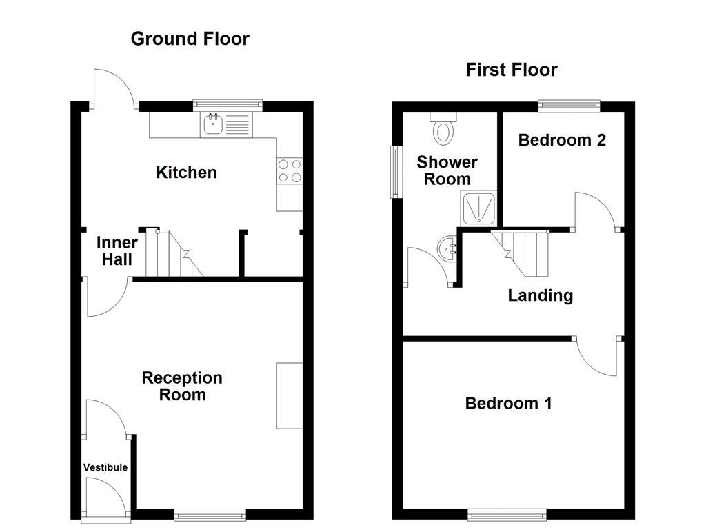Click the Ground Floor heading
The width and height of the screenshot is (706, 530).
190,39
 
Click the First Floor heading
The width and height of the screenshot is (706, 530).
512,70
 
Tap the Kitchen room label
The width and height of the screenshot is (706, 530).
186,172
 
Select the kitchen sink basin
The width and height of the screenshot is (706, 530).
213,124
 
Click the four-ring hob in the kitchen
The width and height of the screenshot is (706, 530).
290,171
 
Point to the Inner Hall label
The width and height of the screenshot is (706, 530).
117,251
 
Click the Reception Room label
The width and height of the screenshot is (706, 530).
182,386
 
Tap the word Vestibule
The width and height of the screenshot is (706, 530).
105,467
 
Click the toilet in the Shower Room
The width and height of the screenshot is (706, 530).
443,128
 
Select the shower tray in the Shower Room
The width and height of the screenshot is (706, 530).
478,208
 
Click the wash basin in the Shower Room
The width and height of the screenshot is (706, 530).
447,248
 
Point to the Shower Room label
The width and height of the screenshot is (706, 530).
447,170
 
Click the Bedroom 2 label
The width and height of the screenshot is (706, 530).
562,140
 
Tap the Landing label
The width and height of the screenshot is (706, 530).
541,295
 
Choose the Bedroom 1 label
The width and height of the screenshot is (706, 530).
508,403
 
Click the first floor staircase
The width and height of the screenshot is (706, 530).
520,253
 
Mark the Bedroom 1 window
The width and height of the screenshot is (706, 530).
507,514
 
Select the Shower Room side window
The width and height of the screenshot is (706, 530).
396,172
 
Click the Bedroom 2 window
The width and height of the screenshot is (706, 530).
569,106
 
